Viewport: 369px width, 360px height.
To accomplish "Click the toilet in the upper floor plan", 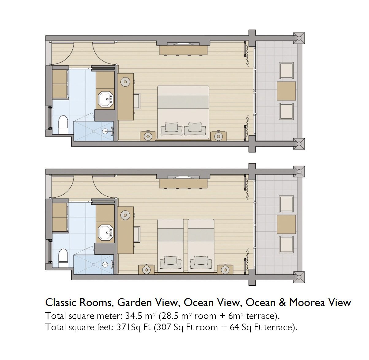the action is [x=63, y=125].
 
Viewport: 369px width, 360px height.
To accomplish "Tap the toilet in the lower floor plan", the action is [x=63, y=258].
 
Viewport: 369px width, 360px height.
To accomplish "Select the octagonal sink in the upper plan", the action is [x=106, y=99].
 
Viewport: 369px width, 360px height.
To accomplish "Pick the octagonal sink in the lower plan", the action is [x=106, y=233].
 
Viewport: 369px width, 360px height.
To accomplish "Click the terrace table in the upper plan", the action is [x=286, y=91].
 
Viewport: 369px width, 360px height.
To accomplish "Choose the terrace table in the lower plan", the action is [x=286, y=224].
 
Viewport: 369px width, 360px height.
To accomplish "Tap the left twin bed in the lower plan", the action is [x=170, y=246].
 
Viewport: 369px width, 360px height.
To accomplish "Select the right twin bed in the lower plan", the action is [x=201, y=246].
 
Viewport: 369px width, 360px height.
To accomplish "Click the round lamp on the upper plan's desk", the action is [x=125, y=82].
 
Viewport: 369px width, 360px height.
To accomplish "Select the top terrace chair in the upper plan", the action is [x=286, y=70].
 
